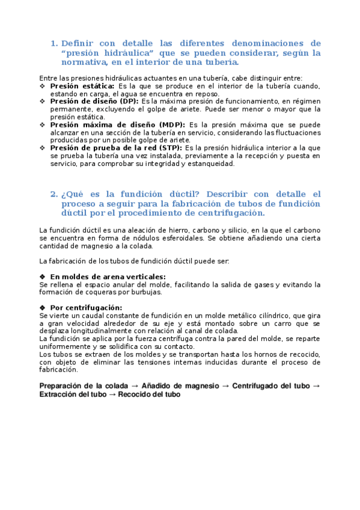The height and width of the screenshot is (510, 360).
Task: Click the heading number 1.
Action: pyautogui.click(x=53, y=44)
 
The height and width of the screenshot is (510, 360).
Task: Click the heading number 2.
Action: pyautogui.click(x=53, y=194)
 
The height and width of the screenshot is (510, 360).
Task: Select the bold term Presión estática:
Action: pyautogui.click(x=78, y=86)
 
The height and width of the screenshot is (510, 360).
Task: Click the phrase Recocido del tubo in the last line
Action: pyautogui.click(x=149, y=395)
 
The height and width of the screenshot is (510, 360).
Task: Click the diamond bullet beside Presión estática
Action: pyautogui.click(x=42, y=86)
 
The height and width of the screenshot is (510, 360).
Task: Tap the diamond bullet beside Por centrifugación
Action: pyautogui.click(x=42, y=307)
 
